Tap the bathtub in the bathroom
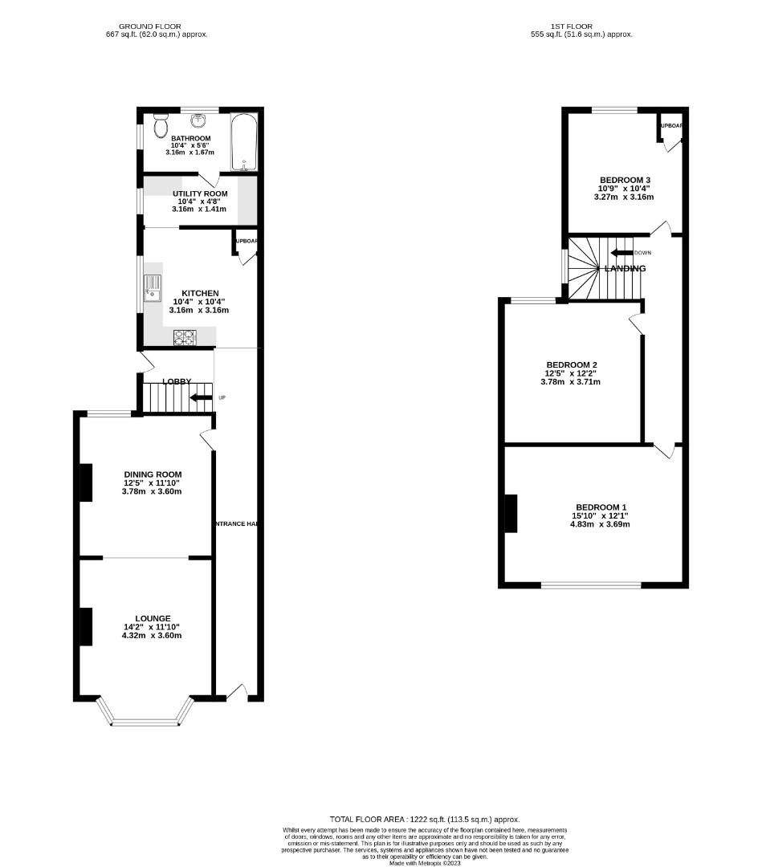pos(243,143)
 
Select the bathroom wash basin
pos(198,122)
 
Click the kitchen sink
pos(153,287)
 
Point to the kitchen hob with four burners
pos(184,338)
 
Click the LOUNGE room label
pos(153,617)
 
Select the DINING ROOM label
pos(153,474)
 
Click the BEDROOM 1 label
pos(601,507)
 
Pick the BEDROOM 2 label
pos(571,364)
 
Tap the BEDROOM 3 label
pos(625,179)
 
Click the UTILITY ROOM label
pos(200,193)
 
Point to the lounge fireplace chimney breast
pos(85,627)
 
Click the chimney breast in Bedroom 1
pos(510,514)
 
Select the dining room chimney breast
pos(85,482)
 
